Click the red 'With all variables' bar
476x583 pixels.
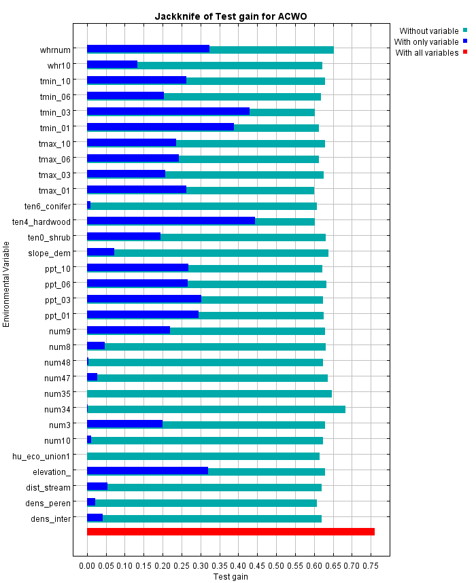click(231, 531)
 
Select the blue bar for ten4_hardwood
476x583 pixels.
click(171, 221)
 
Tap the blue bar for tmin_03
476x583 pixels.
click(168, 111)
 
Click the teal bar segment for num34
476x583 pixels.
click(216, 409)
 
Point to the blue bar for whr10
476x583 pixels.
click(112, 65)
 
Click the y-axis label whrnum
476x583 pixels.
click(55, 50)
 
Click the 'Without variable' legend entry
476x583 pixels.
click(428, 31)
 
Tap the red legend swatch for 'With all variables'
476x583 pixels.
click(465, 52)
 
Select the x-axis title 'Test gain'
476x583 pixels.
click(231, 577)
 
